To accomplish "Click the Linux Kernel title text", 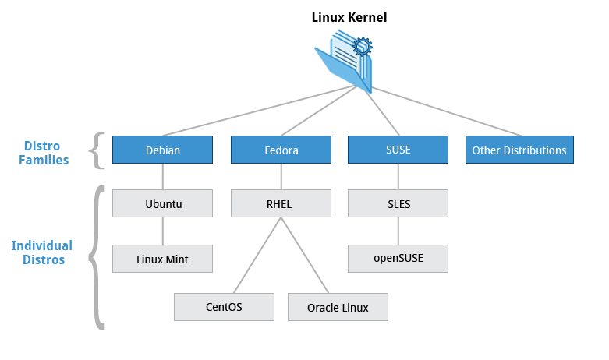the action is (349, 17).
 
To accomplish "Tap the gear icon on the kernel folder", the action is (363, 47).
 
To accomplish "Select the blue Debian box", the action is (162, 150).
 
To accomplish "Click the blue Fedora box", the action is (281, 150).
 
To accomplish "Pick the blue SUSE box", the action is (398, 150).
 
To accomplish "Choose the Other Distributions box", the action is (519, 150).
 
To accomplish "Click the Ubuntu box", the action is (162, 203).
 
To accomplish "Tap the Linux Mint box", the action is (162, 259).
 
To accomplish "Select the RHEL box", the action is (281, 203).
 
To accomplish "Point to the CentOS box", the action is (224, 307).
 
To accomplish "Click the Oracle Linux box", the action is (338, 307).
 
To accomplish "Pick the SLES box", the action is (398, 203).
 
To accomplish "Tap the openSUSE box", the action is (398, 259).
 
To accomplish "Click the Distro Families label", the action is (44, 153).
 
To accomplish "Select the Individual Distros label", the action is (42, 252).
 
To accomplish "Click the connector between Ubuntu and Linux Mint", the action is (163, 231).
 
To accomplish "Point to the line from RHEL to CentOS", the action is (257, 256).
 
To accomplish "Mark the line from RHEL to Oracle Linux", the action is (305, 256).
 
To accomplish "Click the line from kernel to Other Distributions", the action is (446, 111).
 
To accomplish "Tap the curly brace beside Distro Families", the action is (97, 150).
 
